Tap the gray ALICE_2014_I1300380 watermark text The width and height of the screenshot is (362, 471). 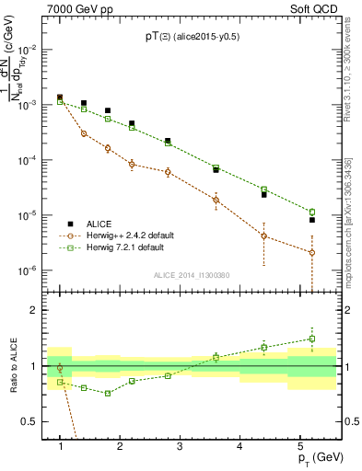point(193,274)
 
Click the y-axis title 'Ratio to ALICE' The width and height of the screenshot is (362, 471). point(16,367)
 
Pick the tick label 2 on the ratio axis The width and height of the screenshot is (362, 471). point(37,310)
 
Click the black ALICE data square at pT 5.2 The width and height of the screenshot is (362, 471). point(312,220)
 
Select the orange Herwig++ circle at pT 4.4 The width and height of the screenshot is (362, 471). point(264,235)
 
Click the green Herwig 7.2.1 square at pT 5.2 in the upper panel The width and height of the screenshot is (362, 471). point(312,212)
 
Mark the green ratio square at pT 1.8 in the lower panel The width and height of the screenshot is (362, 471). point(108,393)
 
